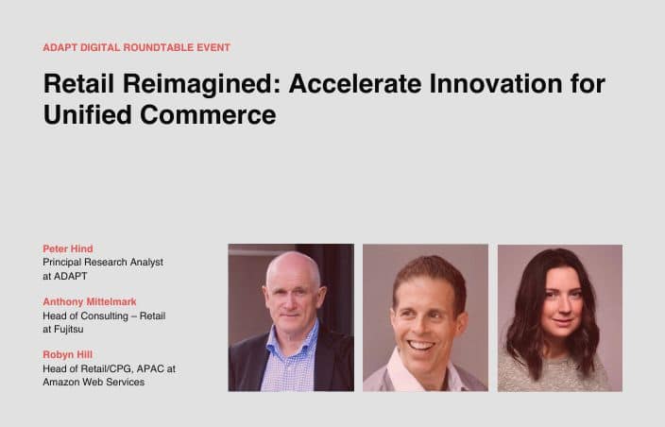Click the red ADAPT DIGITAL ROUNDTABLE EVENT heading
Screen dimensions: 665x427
[x=137, y=47]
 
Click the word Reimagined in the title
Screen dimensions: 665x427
[x=202, y=83]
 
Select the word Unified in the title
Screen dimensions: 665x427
[x=87, y=114]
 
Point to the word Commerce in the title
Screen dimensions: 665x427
[x=208, y=115]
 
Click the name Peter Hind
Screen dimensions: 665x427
[x=68, y=248]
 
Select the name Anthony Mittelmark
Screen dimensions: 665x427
[x=90, y=302]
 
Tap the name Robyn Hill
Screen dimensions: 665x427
[x=67, y=354]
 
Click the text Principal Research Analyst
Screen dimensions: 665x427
[x=103, y=263]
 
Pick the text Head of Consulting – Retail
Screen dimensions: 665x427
[x=104, y=316]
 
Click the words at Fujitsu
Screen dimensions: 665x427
[x=62, y=330]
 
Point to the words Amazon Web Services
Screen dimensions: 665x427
[x=94, y=382]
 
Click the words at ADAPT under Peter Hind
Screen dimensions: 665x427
[x=65, y=276]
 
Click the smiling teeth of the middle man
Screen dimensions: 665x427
[x=420, y=346]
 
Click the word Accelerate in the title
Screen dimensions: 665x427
[x=355, y=83]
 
